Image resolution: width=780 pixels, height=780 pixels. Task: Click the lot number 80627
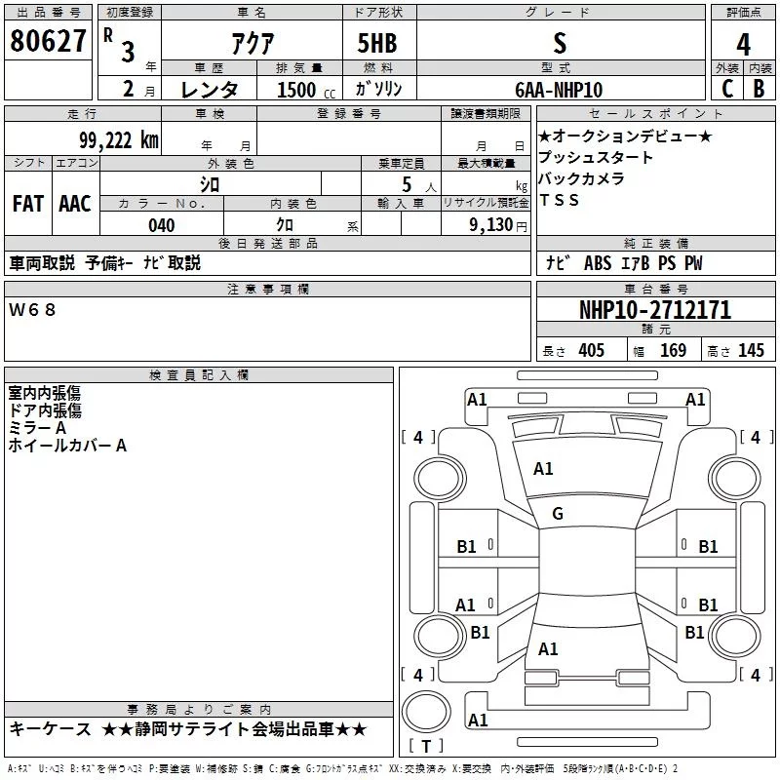(x=49, y=43)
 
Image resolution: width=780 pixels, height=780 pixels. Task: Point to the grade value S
(x=559, y=44)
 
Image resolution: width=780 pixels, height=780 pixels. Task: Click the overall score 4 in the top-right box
(x=744, y=46)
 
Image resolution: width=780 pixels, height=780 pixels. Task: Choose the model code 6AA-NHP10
(x=559, y=90)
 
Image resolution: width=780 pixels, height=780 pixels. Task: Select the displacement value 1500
(x=296, y=90)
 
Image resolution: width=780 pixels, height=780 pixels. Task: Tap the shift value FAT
(x=27, y=204)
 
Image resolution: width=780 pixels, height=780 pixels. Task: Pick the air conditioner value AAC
(x=75, y=204)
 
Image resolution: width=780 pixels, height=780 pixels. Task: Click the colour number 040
(x=162, y=226)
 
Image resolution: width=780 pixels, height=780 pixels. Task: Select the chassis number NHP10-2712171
(x=654, y=311)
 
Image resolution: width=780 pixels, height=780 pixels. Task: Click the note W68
(x=33, y=309)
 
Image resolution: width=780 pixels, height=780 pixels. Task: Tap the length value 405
(x=590, y=351)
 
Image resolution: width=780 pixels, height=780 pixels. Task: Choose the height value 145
(x=751, y=351)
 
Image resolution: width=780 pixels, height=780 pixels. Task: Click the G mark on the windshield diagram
(x=558, y=514)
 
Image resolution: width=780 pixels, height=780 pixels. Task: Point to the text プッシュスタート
(x=596, y=158)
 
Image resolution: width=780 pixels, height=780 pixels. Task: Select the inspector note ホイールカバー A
(x=67, y=446)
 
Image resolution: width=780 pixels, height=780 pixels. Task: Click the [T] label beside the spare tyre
(x=426, y=747)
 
